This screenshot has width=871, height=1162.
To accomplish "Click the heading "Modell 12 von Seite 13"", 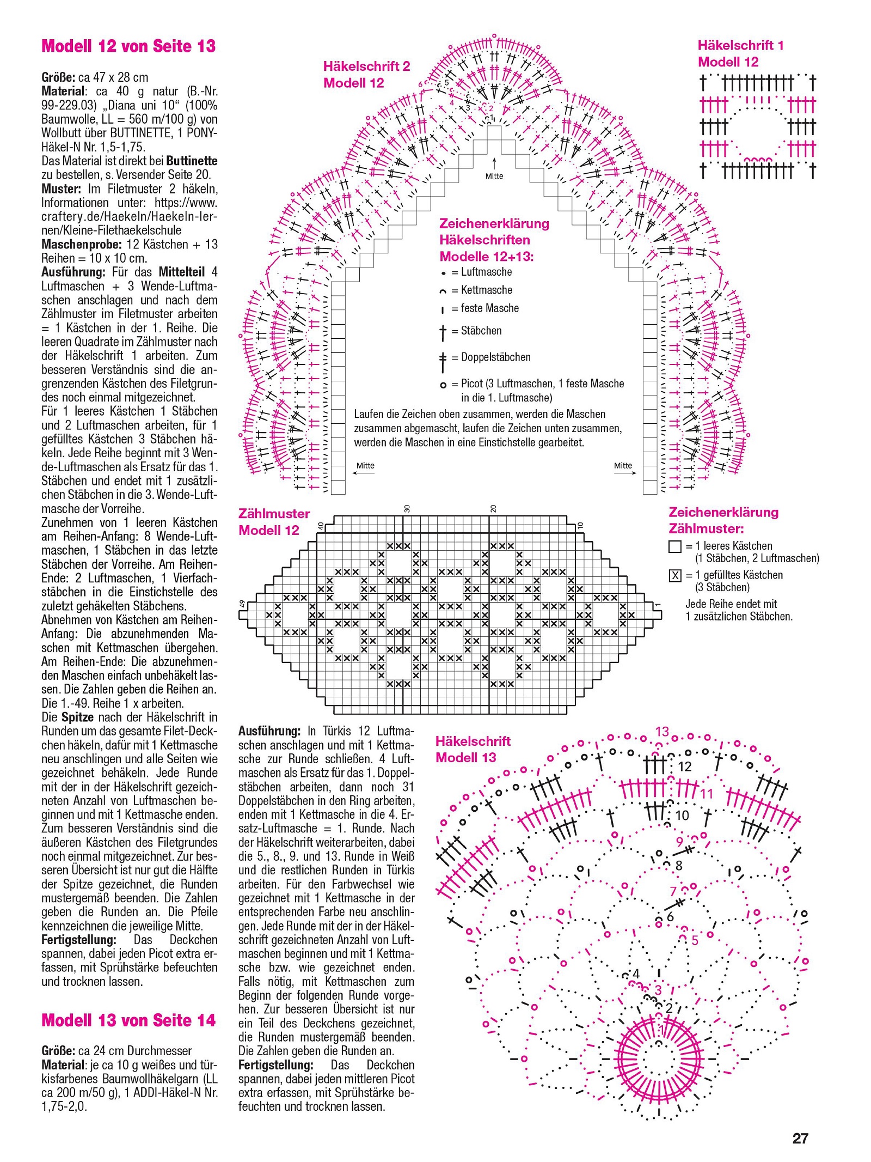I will [128, 46].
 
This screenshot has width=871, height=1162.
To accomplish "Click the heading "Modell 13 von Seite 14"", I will [128, 1020].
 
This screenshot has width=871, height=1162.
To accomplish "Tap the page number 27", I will [800, 1138].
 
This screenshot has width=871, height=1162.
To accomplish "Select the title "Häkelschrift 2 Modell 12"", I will [366, 75].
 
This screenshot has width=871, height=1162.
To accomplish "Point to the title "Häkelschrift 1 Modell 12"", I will [740, 53].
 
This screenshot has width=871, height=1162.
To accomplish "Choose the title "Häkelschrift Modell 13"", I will [473, 749].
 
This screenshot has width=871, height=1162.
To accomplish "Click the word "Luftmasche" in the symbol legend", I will [486, 272].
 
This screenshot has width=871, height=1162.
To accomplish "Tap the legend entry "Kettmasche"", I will [486, 290].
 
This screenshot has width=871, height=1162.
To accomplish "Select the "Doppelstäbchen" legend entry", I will [495, 357].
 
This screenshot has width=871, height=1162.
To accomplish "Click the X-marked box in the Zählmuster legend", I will [674, 575].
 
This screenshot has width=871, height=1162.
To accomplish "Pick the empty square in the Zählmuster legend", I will [674, 546].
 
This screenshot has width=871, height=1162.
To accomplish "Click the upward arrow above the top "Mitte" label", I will [494, 162].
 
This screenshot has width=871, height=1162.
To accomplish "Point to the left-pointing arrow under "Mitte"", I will [363, 473].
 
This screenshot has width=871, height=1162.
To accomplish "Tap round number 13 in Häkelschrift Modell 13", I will [662, 732].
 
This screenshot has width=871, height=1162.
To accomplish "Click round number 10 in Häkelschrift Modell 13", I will [682, 816].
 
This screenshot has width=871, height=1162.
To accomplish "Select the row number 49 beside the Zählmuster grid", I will [243, 604].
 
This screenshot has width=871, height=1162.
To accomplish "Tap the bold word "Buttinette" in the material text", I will [192, 161].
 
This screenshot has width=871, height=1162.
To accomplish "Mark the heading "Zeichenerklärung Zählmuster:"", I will [723, 520].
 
